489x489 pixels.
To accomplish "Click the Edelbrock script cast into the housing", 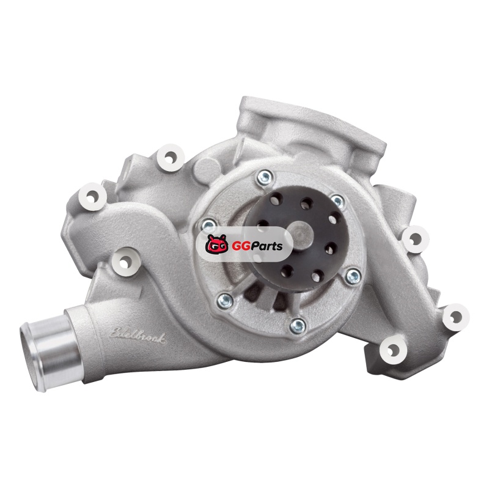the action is (138, 336).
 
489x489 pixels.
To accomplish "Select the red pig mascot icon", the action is (216, 244).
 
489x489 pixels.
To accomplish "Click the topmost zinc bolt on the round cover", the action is (265, 178).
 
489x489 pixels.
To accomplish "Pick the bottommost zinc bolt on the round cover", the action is (298, 326).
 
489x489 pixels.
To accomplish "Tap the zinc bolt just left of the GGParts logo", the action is (208, 225).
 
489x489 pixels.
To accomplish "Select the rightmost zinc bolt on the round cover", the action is (353, 276).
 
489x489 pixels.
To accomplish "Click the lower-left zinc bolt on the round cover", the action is (225, 301).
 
